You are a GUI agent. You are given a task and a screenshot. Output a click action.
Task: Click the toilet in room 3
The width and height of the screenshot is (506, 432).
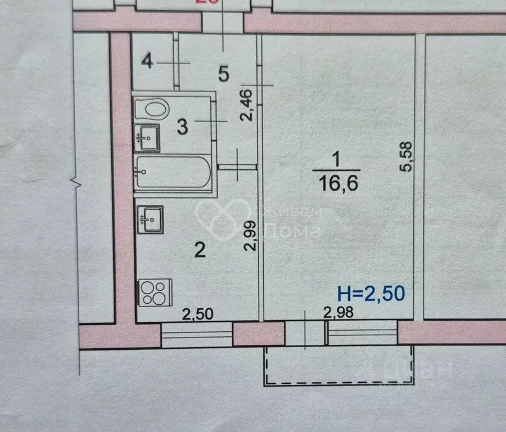(152, 108)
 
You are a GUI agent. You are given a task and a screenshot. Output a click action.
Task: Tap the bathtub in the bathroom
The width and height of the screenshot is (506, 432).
(173, 174)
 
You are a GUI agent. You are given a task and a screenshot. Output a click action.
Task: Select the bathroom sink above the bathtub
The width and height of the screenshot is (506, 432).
(147, 138)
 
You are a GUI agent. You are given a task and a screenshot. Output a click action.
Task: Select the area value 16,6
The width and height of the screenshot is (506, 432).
(336, 183)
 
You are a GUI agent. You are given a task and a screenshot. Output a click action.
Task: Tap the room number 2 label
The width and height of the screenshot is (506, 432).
(200, 250)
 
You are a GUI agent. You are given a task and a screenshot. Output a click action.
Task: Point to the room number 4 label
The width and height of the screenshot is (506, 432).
(147, 61)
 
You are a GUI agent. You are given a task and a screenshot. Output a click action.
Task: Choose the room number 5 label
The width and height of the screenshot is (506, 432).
(223, 74)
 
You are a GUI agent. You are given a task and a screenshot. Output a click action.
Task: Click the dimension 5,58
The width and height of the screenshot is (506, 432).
(408, 156)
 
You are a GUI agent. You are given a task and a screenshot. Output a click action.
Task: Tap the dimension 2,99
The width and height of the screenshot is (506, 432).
(251, 235)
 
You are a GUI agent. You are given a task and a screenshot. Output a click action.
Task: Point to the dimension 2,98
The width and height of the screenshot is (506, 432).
(339, 313)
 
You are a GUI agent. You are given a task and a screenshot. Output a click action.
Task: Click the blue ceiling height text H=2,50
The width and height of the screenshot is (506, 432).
(371, 293)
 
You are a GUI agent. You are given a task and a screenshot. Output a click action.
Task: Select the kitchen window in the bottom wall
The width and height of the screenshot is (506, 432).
(197, 335)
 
